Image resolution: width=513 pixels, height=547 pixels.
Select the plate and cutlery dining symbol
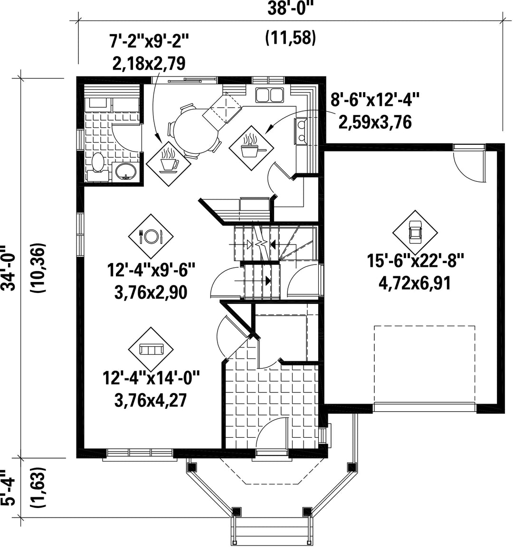(x=151, y=236)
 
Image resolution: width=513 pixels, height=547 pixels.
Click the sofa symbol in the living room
(x=151, y=349)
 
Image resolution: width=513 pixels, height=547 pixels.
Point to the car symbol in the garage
(x=415, y=232)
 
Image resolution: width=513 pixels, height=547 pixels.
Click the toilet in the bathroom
(x=97, y=167)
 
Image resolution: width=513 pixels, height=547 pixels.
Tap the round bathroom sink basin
(x=126, y=171)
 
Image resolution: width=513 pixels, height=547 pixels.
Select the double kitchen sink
(x=269, y=94)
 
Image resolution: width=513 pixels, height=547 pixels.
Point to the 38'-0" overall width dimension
(x=289, y=9)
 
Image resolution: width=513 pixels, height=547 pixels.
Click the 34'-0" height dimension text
(x=9, y=268)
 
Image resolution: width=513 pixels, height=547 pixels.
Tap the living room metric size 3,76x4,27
(x=151, y=400)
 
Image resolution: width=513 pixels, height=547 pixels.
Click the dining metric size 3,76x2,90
(x=151, y=292)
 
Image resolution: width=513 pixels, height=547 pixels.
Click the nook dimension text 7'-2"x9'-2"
(x=149, y=42)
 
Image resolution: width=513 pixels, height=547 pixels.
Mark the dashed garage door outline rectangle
(x=425, y=364)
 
